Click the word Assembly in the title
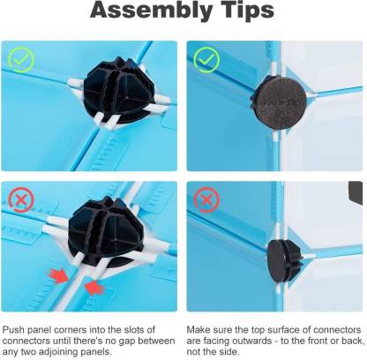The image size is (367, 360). [x=151, y=11]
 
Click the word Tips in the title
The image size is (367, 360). [x=246, y=11]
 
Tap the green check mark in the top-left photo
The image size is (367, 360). [x=21, y=60]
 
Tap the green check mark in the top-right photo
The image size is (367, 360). [x=207, y=60]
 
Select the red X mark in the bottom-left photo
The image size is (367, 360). [x=21, y=200]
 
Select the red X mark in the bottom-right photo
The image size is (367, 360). [x=206, y=200]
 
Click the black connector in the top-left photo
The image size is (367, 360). [x=119, y=90]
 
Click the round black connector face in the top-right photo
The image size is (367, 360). [x=280, y=101]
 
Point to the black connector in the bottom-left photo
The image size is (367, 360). [x=106, y=231]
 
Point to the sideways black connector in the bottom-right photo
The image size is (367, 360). [x=283, y=260]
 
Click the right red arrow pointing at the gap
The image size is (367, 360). [x=94, y=287]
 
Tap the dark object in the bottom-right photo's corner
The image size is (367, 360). [x=356, y=193]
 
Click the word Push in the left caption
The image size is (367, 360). [x=13, y=330]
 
